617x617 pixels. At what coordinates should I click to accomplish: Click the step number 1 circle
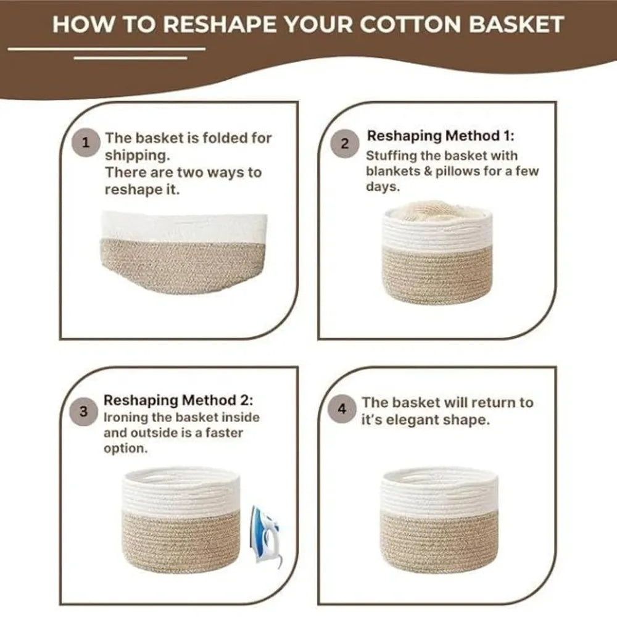point(86,143)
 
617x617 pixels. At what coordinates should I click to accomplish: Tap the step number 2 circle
point(345,144)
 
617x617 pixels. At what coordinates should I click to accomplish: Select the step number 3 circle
point(83,412)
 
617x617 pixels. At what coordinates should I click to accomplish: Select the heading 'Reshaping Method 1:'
point(440,135)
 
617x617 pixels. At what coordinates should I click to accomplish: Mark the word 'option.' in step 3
point(126,449)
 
